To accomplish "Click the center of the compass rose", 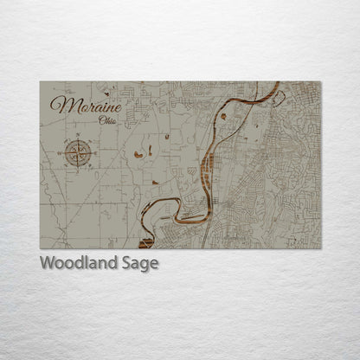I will pos(78,152).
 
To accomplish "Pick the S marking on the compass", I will pos(78,168).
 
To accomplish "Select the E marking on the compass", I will pos(93,152).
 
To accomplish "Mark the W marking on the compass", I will pos(62,152).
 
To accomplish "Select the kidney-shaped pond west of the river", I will pos(138,155).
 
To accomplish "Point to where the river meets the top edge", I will pos(276,83).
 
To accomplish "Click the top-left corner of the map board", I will pos(41,82).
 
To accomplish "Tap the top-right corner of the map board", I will pos(320,82).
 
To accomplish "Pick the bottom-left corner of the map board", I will pos(41,248).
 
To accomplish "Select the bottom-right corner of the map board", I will pos(320,248).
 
